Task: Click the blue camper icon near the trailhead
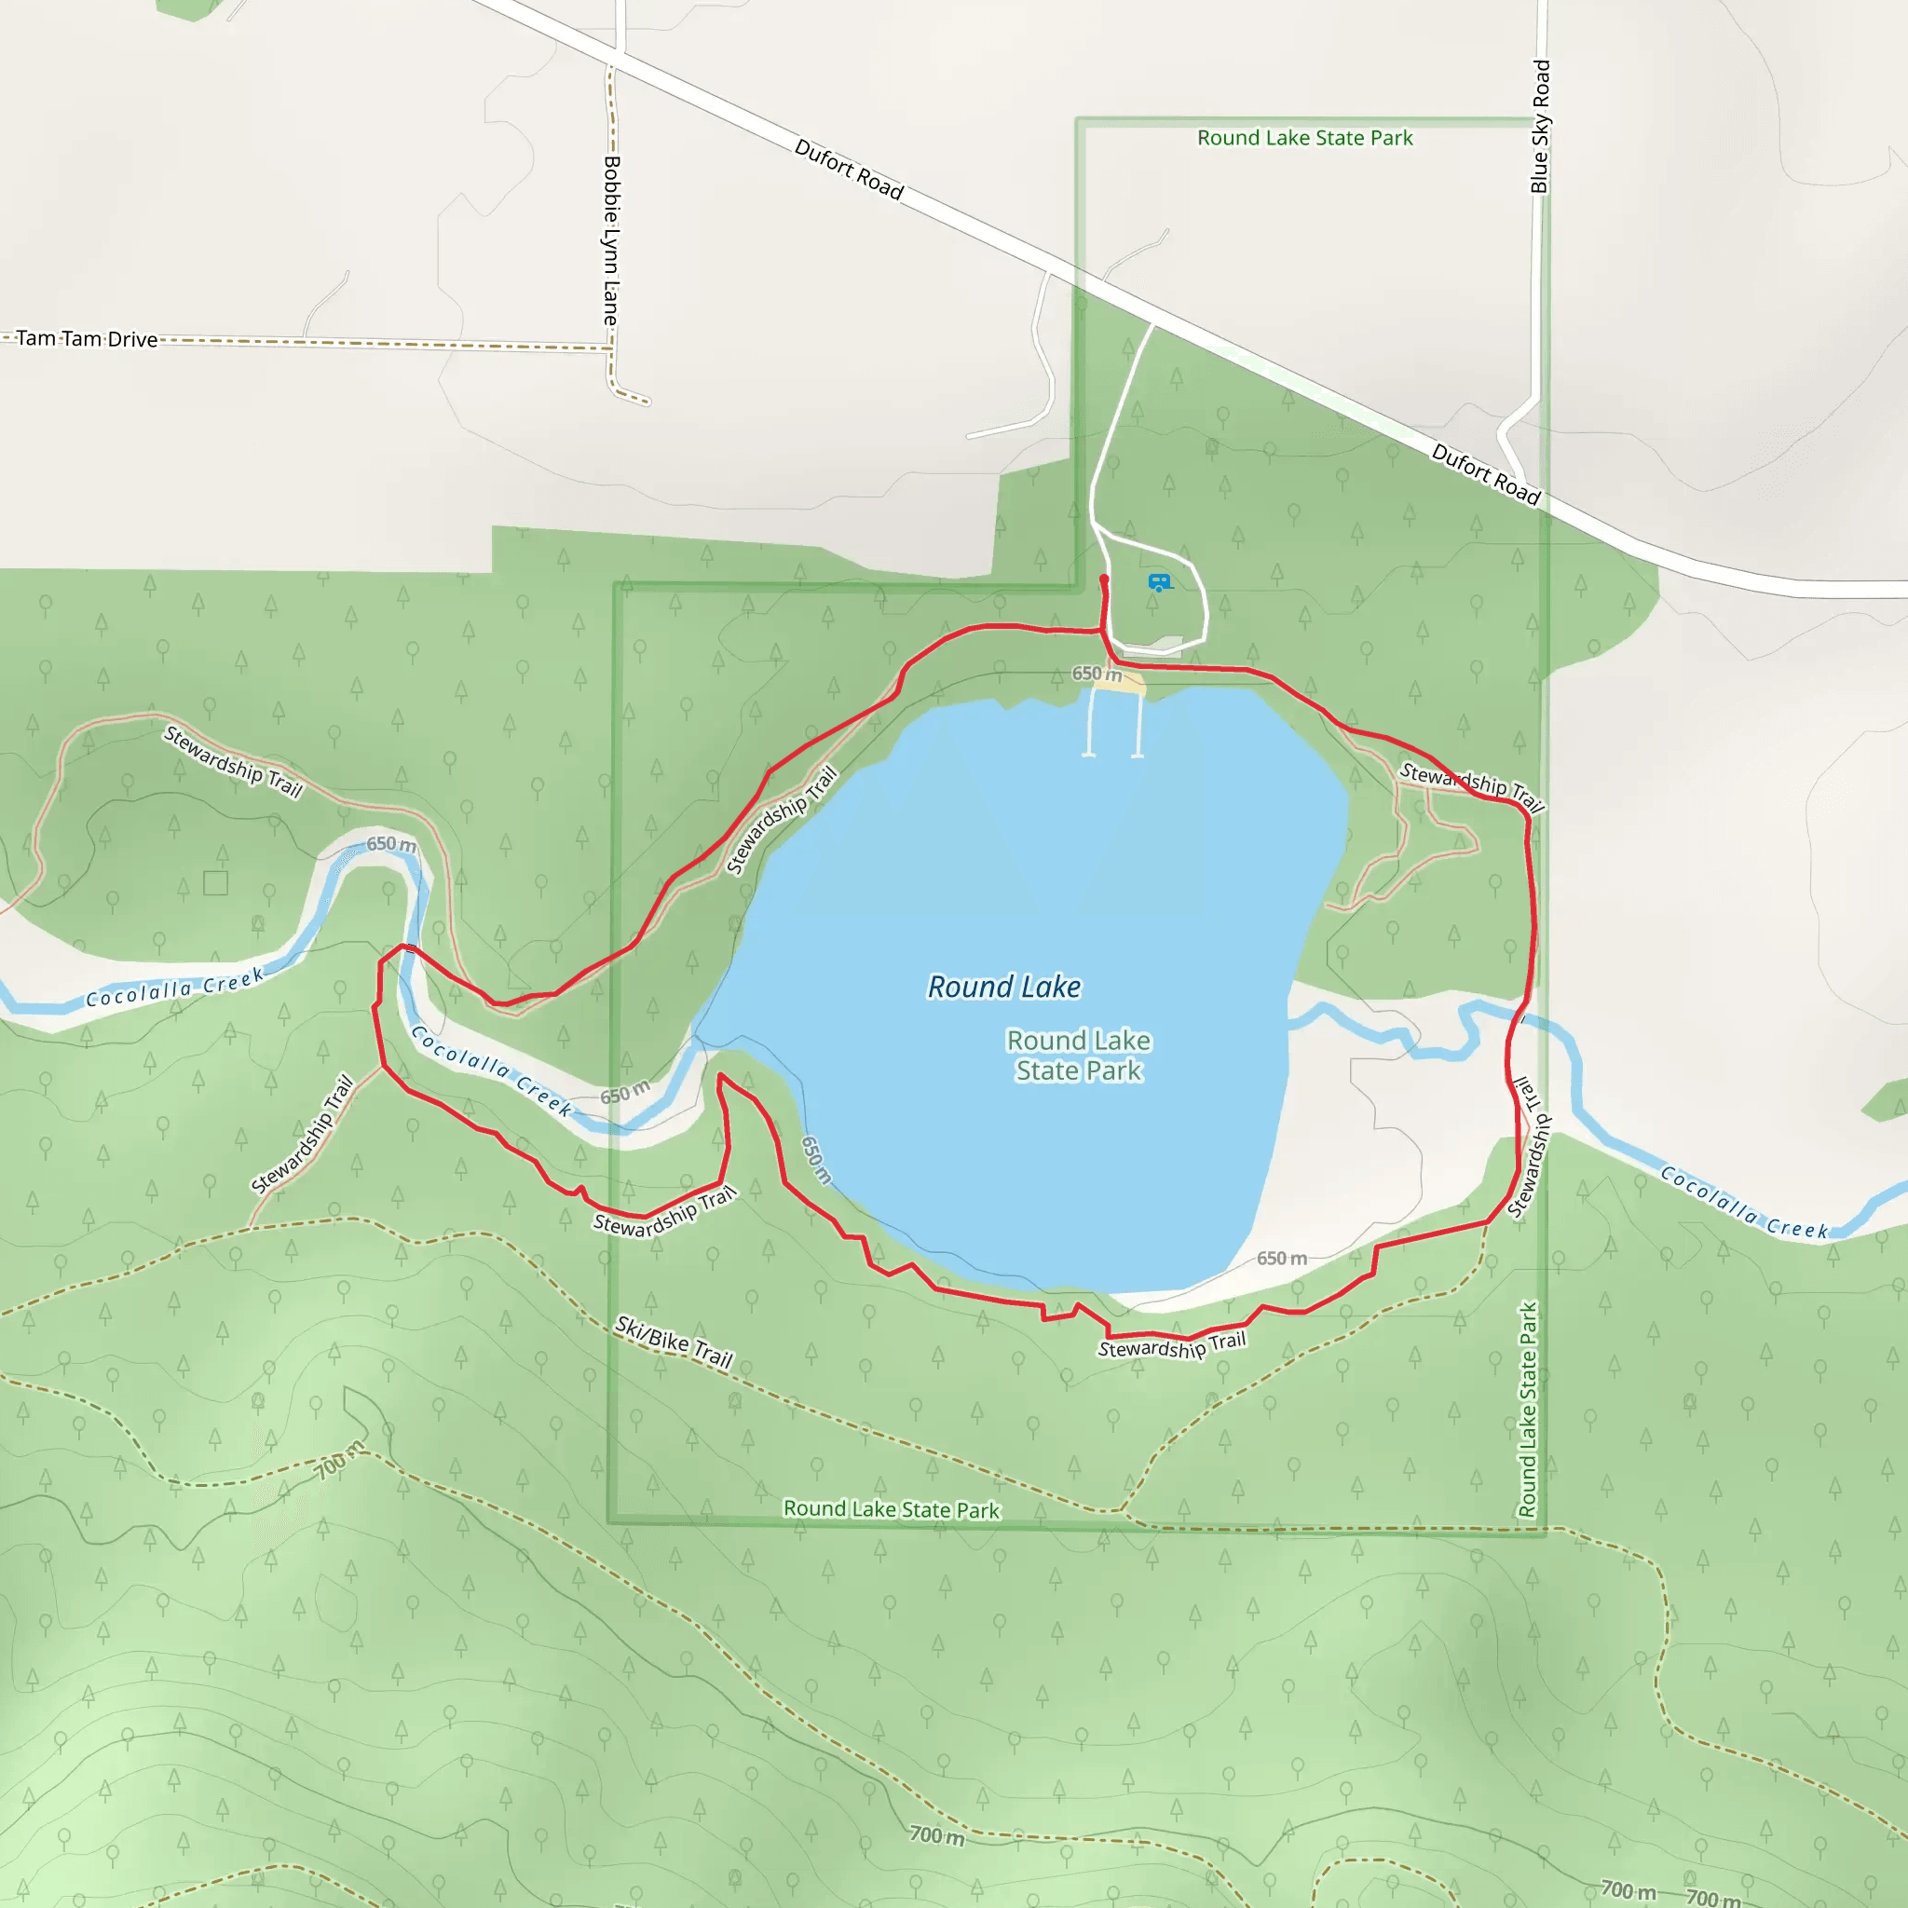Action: [x=1159, y=582]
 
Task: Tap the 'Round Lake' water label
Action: [x=1003, y=987]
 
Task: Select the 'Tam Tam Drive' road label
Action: [x=87, y=339]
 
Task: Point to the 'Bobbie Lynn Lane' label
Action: [x=612, y=241]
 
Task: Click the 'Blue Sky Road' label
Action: [x=1540, y=127]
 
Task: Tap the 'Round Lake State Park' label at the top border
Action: [x=1304, y=138]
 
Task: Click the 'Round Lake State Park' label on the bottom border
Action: [x=891, y=1509]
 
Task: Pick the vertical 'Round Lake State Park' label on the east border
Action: [x=1528, y=1410]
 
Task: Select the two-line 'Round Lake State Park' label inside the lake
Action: [x=1079, y=1055]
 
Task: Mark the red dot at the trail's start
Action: [x=1104, y=579]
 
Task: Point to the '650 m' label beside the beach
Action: [x=1097, y=674]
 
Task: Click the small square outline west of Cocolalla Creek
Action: [x=215, y=882]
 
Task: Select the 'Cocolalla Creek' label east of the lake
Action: [x=1744, y=1203]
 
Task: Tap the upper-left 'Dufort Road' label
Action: [x=850, y=169]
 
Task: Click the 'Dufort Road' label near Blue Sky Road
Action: [x=1485, y=474]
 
